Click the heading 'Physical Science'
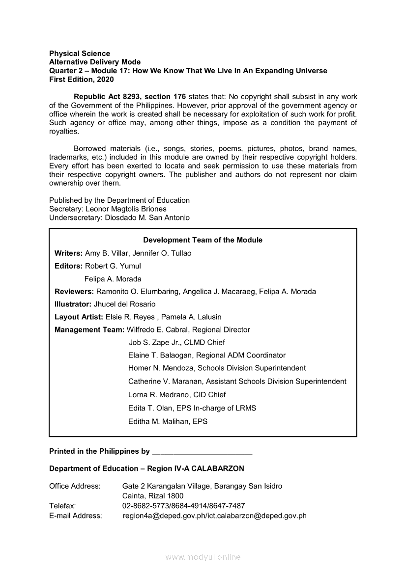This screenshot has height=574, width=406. [x=80, y=53]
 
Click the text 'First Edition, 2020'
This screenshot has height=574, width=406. [x=82, y=79]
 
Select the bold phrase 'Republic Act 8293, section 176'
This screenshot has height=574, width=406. [x=130, y=97]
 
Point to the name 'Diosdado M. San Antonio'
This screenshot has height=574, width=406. [x=147, y=218]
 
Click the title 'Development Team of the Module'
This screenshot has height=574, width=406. [x=203, y=240]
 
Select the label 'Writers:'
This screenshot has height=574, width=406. [x=69, y=253]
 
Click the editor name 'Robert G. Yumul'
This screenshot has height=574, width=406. [x=113, y=266]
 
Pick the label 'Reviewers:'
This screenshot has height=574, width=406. [x=74, y=292]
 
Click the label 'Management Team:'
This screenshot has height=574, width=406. [x=89, y=330]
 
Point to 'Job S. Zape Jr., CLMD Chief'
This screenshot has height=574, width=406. [x=176, y=343]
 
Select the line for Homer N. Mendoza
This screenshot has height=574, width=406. [x=217, y=368]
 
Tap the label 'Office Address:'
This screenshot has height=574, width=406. [x=75, y=486]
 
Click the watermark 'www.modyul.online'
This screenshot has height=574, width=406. [x=203, y=557]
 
